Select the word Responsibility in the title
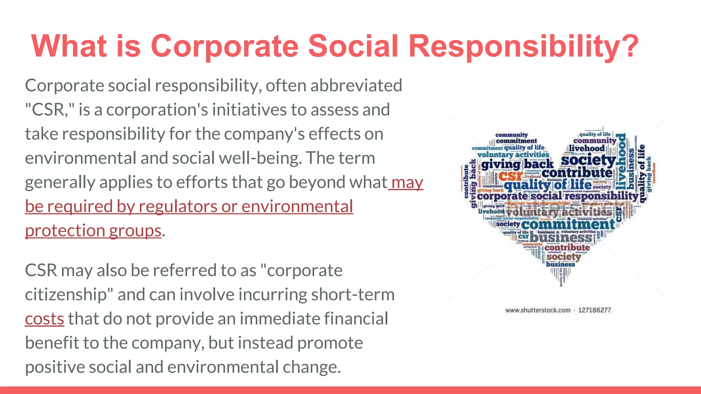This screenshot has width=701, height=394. point(517,46)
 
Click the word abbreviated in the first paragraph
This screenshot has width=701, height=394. point(356,86)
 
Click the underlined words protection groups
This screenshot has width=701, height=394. point(93,231)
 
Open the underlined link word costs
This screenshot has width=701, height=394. point(44,319)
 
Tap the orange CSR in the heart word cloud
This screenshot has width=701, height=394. point(510,176)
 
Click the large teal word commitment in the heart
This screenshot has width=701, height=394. point(568,225)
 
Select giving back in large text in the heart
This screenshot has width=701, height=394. point(517,165)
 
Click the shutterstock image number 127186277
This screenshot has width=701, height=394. point(595,310)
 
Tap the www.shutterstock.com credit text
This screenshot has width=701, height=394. point(538,310)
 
